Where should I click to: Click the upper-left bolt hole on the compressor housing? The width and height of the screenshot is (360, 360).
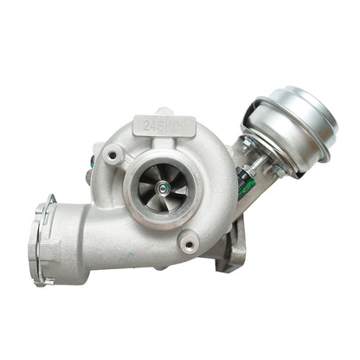point(112,156)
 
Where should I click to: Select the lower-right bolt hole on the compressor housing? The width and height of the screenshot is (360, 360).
point(189,244)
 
